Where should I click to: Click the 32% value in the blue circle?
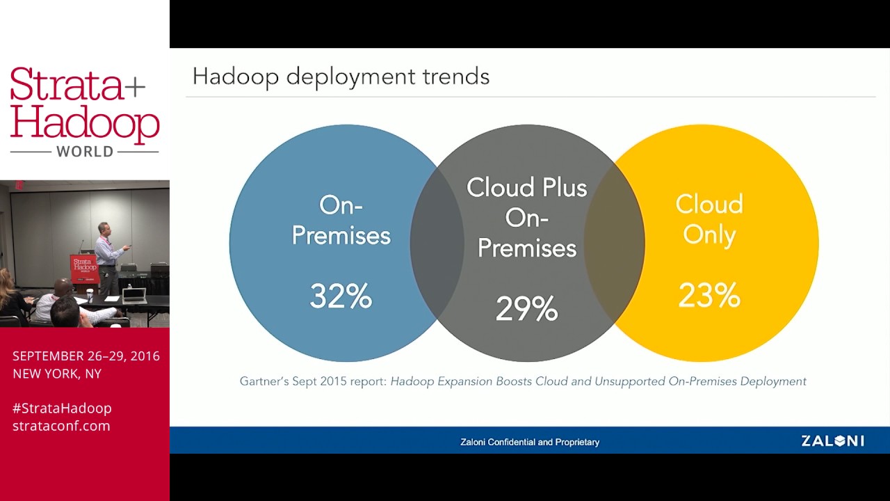[341, 297]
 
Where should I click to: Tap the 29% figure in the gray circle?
[526, 309]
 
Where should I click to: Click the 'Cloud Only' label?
[709, 219]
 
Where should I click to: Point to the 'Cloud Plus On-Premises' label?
[526, 217]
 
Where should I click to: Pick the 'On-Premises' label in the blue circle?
[341, 220]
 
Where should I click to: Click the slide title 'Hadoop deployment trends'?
[341, 76]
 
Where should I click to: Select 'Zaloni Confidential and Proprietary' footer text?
[529, 442]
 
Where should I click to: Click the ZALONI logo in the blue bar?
[832, 440]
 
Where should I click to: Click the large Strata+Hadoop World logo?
[84, 111]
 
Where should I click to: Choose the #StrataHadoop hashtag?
[62, 408]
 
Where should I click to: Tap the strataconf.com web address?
[61, 426]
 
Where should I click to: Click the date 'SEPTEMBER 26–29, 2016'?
[86, 356]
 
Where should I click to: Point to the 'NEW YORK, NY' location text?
[57, 374]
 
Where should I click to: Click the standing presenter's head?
[104, 229]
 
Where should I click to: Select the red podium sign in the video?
[84, 267]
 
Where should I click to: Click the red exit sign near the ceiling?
[19, 185]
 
